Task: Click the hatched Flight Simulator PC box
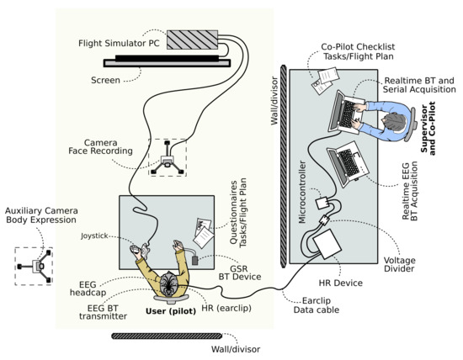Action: coord(192,40)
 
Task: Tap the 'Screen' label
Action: coord(105,80)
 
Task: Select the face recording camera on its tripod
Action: coord(168,159)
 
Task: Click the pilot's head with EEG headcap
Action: coord(169,284)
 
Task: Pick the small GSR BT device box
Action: coord(195,260)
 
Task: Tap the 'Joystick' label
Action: coord(94,236)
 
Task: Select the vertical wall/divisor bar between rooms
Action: coord(284,167)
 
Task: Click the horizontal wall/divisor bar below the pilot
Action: coord(167,336)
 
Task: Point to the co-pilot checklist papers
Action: coord(326,80)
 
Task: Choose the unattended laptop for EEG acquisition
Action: coord(348,163)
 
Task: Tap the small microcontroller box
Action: coord(321,203)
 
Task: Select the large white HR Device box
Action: coord(327,244)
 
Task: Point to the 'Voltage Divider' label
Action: coord(399,265)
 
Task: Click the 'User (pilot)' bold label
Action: coord(171,311)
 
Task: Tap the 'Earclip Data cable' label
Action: coord(317,305)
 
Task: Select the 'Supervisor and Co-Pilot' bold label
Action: coord(428,129)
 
